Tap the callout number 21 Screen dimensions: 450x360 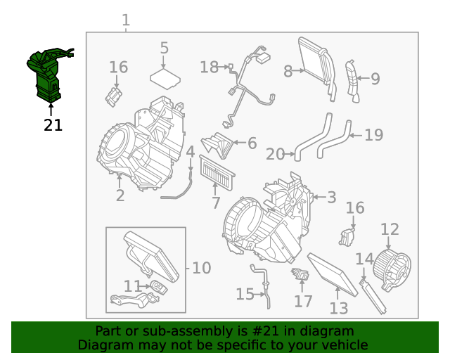pos(53,125)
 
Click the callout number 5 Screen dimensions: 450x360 pos(165,48)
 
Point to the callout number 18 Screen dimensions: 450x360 pos(209,67)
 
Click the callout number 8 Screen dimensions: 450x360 pos(288,71)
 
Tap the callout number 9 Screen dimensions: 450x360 pos(375,79)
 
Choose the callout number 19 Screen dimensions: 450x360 pos(374,134)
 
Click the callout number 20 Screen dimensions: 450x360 pos(275,154)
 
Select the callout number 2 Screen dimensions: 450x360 pos(120,195)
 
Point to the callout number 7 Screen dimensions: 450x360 pos(216,203)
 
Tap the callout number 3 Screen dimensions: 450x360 pos(332,198)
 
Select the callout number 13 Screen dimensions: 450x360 pos(338,308)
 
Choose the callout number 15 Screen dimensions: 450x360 pos(245,294)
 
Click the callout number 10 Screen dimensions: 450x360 pos(201,268)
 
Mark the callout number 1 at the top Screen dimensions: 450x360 pos(126,20)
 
